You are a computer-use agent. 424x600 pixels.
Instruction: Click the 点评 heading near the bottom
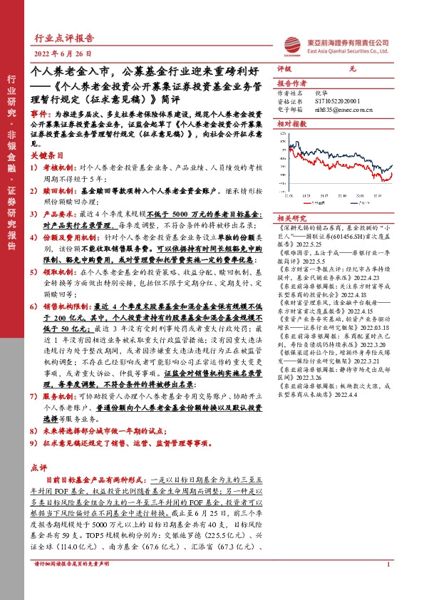(x=39, y=467)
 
